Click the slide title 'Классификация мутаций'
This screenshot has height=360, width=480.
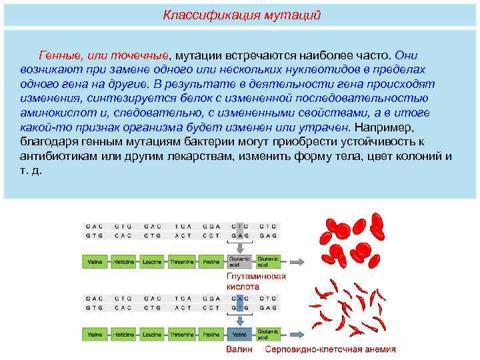point(242,14)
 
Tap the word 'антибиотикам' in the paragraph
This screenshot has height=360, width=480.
point(57,156)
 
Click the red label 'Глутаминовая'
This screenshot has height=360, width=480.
point(256,276)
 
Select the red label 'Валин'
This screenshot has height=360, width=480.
point(239,349)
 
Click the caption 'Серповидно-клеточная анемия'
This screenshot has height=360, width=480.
point(330,349)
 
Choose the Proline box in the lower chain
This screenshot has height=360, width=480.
point(210,333)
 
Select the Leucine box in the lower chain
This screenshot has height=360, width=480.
point(152,333)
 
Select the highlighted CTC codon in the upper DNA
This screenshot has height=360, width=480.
point(239,225)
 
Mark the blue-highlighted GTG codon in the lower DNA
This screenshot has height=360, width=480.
point(239,307)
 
